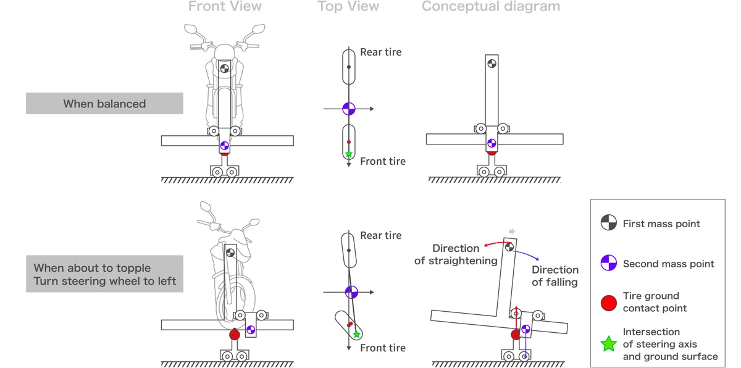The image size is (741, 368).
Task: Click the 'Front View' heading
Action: [x=225, y=7]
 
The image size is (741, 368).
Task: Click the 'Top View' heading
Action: [x=348, y=7]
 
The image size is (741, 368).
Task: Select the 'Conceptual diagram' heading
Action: [x=491, y=7]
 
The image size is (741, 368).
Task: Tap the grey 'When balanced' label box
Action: [x=104, y=104]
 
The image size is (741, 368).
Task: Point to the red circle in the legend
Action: [x=609, y=303]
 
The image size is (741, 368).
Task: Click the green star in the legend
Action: [x=609, y=344]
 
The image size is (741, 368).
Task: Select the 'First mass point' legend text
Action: [x=661, y=224]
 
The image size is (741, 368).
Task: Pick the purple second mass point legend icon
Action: [x=609, y=264]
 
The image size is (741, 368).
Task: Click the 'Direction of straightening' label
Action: [x=456, y=254]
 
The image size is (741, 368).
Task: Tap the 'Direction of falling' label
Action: [x=555, y=276]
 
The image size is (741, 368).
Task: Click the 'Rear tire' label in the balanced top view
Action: [x=380, y=52]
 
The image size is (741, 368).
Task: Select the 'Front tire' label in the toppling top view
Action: [x=383, y=348]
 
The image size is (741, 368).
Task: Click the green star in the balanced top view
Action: [x=349, y=153]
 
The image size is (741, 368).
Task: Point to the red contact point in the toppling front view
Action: [x=235, y=335]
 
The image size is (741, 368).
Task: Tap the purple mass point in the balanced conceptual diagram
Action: [x=492, y=143]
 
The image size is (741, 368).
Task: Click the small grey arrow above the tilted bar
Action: [x=511, y=232]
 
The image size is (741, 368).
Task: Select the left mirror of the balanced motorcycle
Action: [x=191, y=29]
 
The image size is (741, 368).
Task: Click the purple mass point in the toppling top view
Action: [x=351, y=291]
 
